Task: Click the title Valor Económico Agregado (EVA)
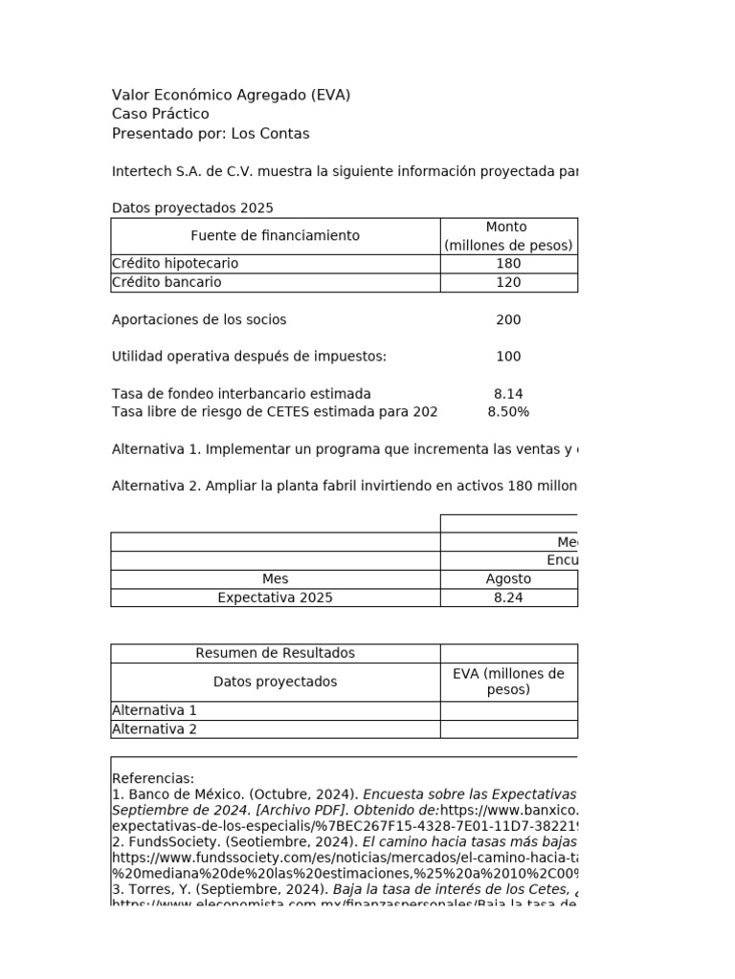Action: [231, 95]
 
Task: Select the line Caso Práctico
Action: [160, 114]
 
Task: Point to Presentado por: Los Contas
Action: [211, 133]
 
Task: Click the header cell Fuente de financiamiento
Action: [275, 235]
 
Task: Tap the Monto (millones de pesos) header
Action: [507, 236]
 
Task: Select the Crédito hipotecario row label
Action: [175, 263]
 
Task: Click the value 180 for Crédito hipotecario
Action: [508, 263]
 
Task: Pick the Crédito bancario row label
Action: [167, 282]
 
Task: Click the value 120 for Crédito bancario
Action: [508, 282]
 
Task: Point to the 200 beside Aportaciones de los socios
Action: [508, 319]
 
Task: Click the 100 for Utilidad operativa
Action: [508, 357]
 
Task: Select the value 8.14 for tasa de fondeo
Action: [508, 394]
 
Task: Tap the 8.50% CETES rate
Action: [508, 412]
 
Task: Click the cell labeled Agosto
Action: [508, 578]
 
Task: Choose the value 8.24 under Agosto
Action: [508, 598]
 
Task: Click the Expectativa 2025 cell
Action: [275, 598]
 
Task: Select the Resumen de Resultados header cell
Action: [275, 653]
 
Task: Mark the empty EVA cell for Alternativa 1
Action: [508, 710]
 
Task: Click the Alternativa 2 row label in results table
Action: [154, 729]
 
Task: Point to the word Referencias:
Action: [153, 778]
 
